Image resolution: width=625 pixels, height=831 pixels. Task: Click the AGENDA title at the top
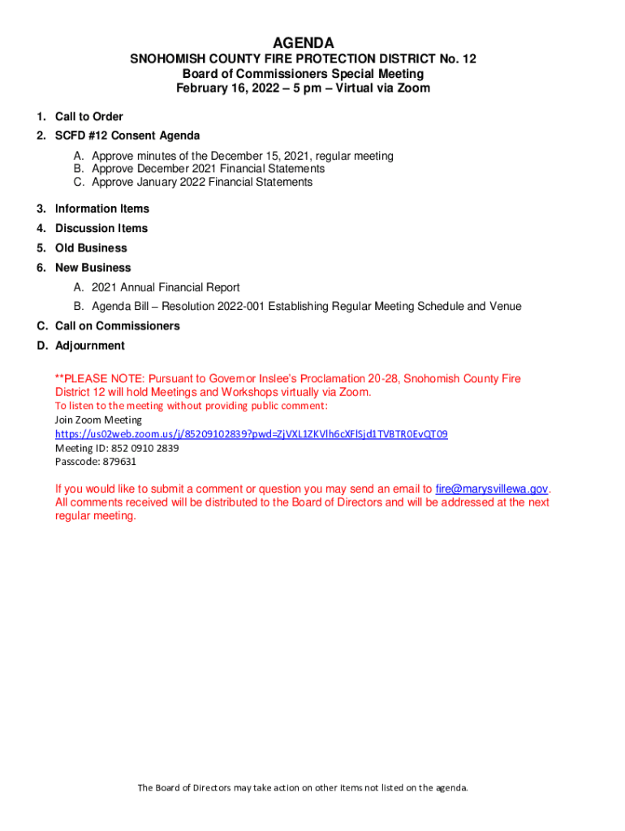click(x=303, y=42)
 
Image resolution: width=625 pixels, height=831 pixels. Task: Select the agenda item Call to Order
click(x=88, y=117)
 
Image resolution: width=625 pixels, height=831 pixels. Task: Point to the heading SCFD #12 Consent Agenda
click(x=127, y=136)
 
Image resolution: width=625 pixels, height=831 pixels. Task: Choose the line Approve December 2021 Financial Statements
click(x=208, y=169)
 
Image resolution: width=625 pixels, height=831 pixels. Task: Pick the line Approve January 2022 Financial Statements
click(x=201, y=183)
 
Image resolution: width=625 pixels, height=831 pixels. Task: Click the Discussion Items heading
click(x=101, y=228)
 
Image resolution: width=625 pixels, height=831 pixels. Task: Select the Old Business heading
click(x=91, y=248)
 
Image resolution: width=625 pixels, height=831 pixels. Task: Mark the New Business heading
click(x=93, y=267)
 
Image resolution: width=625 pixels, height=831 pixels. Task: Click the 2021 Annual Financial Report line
click(x=166, y=287)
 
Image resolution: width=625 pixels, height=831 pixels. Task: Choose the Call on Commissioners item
click(x=117, y=326)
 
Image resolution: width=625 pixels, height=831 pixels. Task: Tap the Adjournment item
click(x=89, y=346)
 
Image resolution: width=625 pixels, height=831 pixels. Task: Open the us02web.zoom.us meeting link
click(x=251, y=434)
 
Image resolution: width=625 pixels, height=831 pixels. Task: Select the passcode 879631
click(x=119, y=462)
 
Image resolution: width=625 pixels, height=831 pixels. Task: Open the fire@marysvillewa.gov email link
click(x=492, y=489)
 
